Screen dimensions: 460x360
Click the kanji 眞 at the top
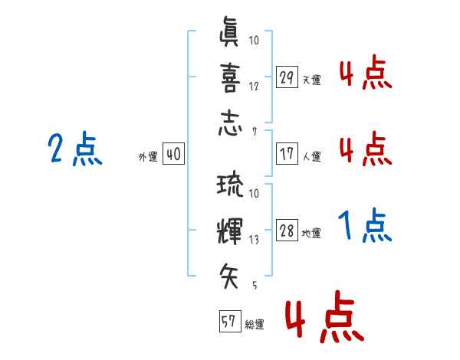[228, 31]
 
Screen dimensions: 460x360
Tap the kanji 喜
[230, 77]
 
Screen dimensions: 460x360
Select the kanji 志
[230, 123]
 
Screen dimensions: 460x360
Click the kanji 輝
[230, 231]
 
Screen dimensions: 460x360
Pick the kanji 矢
[229, 276]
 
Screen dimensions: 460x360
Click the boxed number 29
[287, 77]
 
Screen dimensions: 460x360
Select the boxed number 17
[287, 153]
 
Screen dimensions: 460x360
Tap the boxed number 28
[287, 230]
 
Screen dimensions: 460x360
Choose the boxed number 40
[173, 153]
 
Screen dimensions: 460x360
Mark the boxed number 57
[230, 321]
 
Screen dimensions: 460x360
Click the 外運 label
[148, 156]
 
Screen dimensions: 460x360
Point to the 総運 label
[255, 324]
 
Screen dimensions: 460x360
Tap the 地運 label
[311, 234]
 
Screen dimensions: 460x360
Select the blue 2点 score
[75, 148]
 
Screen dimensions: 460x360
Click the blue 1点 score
[365, 225]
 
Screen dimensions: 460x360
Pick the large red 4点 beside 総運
[325, 316]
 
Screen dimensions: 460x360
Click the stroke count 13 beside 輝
[254, 240]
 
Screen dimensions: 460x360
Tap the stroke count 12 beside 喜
[254, 87]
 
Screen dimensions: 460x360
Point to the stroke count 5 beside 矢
[255, 285]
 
